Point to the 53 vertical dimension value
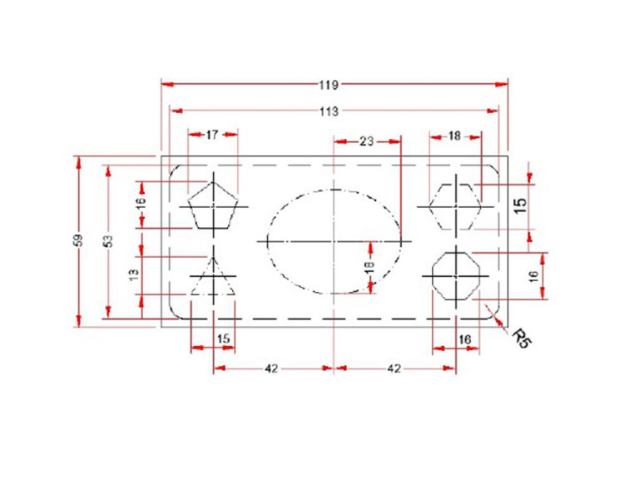coord(107,240)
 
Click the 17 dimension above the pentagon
coord(212,134)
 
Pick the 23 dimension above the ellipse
coord(366,141)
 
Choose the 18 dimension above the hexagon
coord(454,135)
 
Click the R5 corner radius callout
coord(521,336)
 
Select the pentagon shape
coord(215,207)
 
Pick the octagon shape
coord(457,274)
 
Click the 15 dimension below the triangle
coord(223,338)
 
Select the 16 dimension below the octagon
coord(465,338)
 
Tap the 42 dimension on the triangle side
coord(271,368)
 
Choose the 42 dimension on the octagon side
coord(394,368)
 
